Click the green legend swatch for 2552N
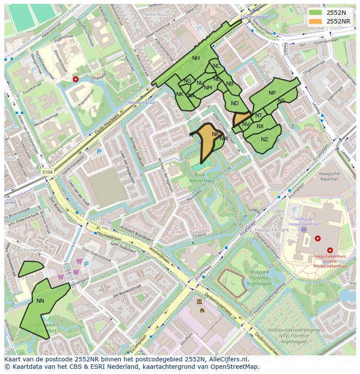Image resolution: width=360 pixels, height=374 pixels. pos(316,13)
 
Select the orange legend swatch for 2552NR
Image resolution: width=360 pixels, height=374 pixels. pos(316,21)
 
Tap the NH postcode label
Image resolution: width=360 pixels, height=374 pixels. pos(196,58)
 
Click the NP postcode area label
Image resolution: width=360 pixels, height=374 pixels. pos(272,93)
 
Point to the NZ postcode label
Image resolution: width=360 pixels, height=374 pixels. pos(264,139)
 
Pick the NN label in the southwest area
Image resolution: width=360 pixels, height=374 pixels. pos(40,301)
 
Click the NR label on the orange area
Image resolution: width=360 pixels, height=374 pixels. pos(215,134)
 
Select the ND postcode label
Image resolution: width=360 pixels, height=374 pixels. pos(235,103)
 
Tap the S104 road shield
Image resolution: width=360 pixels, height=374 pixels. pos(47,172)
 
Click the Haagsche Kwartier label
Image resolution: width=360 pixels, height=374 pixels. pos(329,176)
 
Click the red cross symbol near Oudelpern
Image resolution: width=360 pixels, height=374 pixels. pos(76,79)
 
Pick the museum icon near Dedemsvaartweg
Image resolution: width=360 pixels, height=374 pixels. pos(199,302)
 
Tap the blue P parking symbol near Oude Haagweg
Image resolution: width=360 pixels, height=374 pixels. pos(99,152)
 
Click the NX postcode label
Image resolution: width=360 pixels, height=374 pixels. pos(260,126)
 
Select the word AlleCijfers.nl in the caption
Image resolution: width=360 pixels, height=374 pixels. pos(227,360)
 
